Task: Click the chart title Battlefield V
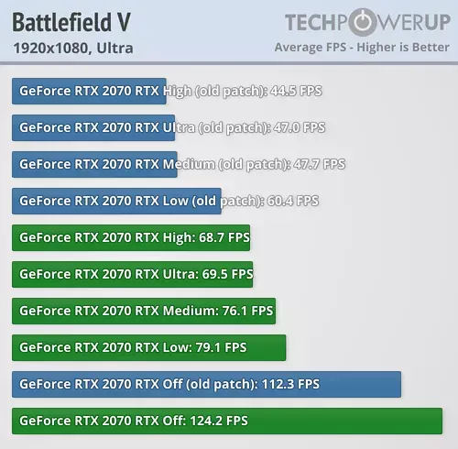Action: [71, 22]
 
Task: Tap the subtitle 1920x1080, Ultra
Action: [73, 48]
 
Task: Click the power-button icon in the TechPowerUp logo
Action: [363, 22]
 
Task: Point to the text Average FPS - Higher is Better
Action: [362, 48]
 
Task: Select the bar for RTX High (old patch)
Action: [89, 91]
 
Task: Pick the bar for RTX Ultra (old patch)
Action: [93, 127]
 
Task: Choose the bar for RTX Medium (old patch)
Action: [94, 164]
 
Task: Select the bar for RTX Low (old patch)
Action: [116, 201]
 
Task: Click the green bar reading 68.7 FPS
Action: [131, 237]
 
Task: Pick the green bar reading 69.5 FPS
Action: [133, 274]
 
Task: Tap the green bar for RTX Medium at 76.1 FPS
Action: [144, 311]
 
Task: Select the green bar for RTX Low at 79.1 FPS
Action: [149, 347]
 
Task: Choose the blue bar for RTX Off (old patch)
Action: [206, 384]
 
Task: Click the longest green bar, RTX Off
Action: [227, 421]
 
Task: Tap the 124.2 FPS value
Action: [219, 421]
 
